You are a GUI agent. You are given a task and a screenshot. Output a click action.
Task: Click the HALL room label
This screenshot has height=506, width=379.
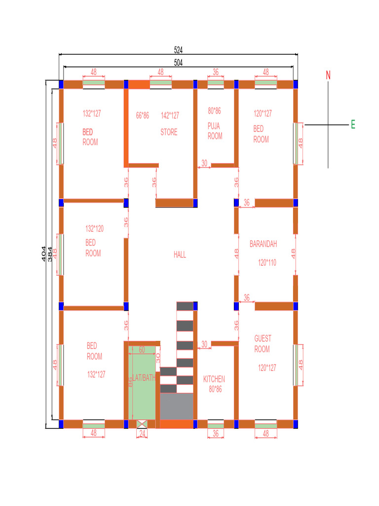[180, 255]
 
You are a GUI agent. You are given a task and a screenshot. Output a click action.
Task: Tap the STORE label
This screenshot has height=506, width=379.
[169, 132]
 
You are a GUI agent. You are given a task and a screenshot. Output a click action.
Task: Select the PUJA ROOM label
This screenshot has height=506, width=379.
[215, 131]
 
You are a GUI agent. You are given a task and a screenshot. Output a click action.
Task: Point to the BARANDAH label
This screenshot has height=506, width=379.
[263, 244]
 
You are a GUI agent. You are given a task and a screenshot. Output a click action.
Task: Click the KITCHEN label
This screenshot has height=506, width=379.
[214, 379]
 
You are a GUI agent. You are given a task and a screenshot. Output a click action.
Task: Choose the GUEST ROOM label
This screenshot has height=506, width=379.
[263, 344]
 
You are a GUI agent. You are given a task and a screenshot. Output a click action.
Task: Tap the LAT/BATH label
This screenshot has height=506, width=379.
[144, 378]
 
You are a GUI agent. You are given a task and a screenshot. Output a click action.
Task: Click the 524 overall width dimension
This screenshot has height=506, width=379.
[178, 50]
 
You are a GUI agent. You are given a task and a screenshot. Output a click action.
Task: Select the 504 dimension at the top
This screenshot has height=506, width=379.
[178, 62]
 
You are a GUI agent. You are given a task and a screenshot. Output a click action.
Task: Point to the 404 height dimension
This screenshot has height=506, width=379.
[43, 253]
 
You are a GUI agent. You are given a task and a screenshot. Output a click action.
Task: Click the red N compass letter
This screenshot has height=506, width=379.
[328, 75]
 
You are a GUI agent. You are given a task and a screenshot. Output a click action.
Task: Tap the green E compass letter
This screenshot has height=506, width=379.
[353, 125]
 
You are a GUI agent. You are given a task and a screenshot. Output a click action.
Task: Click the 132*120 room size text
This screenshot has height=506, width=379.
[94, 229]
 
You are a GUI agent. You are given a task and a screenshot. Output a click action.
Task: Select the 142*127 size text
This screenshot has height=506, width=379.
[170, 116]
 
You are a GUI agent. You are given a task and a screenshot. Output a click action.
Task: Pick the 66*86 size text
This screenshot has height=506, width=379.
[142, 116]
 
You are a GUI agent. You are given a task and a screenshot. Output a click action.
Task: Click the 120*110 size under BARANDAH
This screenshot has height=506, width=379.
[267, 263]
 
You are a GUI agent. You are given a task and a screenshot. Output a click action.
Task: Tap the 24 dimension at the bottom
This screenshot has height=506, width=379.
[142, 433]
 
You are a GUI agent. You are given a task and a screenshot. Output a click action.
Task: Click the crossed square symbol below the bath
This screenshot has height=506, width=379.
[142, 424]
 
